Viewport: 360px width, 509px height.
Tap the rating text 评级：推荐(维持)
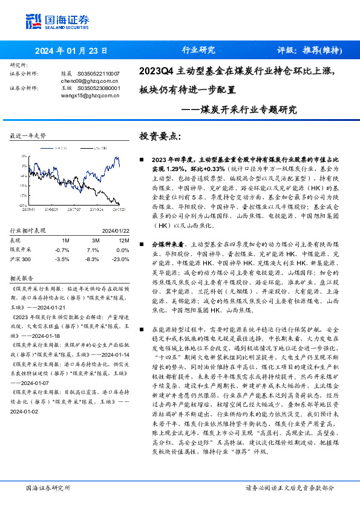(x=307, y=50)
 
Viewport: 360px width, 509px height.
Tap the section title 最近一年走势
(x=28, y=137)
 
